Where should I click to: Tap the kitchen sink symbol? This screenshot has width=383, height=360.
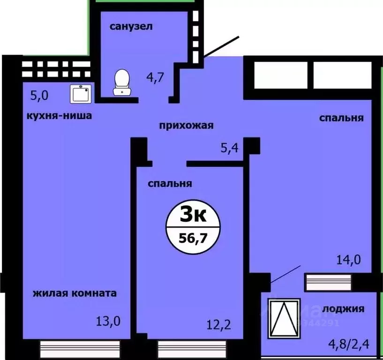81,94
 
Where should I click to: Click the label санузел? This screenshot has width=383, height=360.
131,26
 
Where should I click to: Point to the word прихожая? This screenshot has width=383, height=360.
187,125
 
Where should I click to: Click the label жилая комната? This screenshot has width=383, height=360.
75,293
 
